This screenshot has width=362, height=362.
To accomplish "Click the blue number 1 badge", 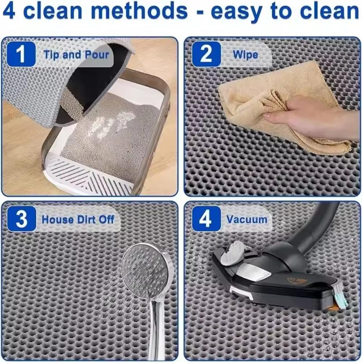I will tap(21, 54).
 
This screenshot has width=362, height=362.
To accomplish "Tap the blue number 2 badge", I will tap(206, 54).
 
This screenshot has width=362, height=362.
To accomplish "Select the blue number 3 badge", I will tap(21, 219).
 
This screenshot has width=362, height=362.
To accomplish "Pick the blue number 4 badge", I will tap(206, 219).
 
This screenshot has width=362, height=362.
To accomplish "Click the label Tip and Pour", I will tap(76, 55).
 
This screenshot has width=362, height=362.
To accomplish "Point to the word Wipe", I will tap(245, 55).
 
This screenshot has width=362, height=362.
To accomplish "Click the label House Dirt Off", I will tap(78, 219).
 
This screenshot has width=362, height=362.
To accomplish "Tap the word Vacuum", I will tap(247, 219).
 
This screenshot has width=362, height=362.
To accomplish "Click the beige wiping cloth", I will tap(253, 94).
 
